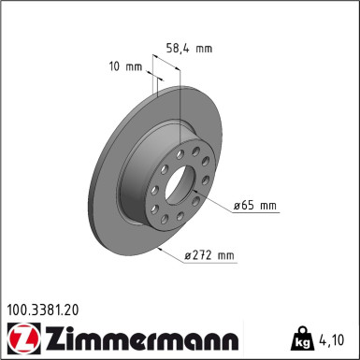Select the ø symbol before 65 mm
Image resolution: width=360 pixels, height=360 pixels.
[238, 204]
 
